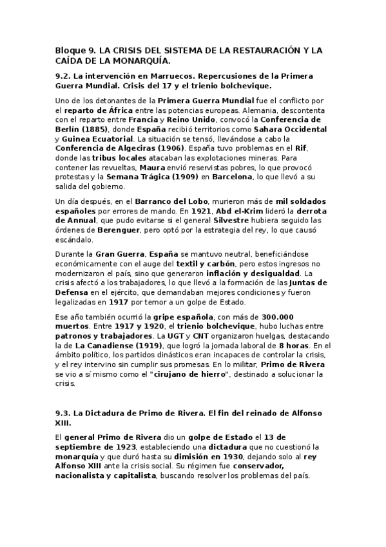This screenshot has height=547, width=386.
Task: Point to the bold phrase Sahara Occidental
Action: (291, 129)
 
